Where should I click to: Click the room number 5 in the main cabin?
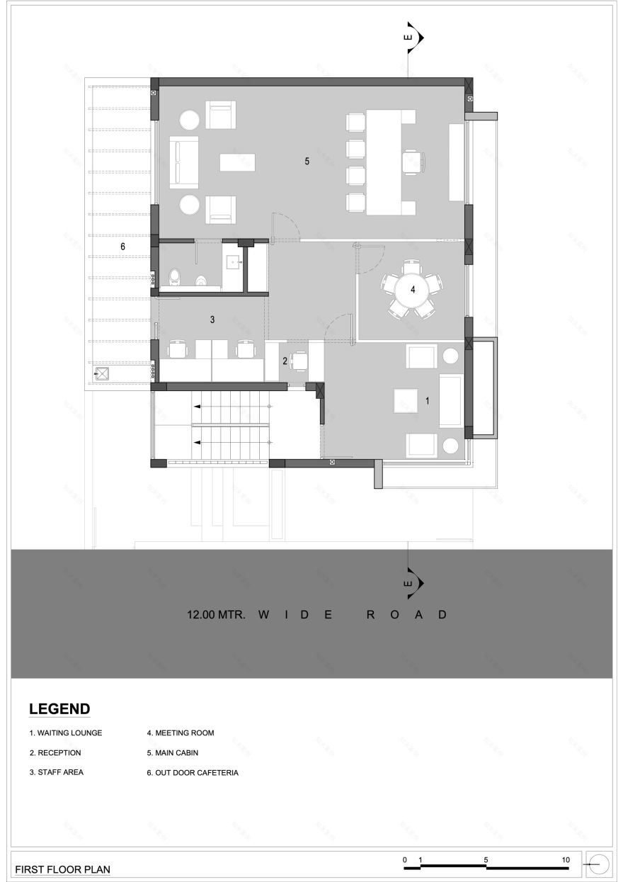[x=307, y=161]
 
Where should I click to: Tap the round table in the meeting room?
[x=411, y=290]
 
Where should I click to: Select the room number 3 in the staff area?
[x=212, y=320]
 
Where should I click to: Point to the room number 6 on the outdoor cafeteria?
[x=122, y=247]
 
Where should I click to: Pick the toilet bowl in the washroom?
[x=173, y=277]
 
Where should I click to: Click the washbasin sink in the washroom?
[x=235, y=261]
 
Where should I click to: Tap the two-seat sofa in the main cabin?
[x=183, y=163]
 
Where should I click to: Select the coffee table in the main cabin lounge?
[x=237, y=162]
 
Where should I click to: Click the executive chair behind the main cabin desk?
[x=414, y=162]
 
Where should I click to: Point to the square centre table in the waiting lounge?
[x=406, y=400]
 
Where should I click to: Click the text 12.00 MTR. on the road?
[x=216, y=615]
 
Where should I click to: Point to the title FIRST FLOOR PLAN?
[x=62, y=869]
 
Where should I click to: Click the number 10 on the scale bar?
[x=566, y=859]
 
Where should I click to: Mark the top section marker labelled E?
[x=413, y=38]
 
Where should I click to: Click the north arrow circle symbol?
[x=599, y=864]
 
